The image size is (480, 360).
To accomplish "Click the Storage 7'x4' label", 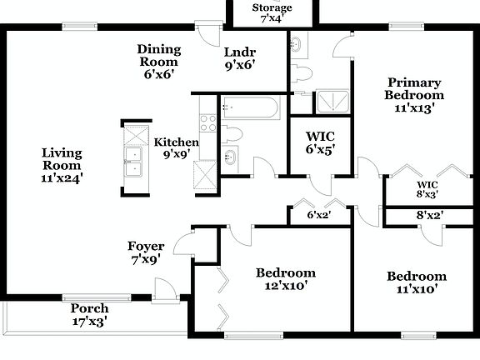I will pyautogui.click(x=272, y=13).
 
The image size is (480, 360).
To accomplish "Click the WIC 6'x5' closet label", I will pyautogui.click(x=319, y=142).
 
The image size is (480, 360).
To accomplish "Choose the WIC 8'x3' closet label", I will pyautogui.click(x=427, y=189).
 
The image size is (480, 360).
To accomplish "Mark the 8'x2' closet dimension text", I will pyautogui.click(x=429, y=215).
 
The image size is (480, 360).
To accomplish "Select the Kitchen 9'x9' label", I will pyautogui.click(x=176, y=147).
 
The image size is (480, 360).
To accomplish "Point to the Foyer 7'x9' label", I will pyautogui.click(x=146, y=252).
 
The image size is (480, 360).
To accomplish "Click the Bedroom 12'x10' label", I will pyautogui.click(x=285, y=278).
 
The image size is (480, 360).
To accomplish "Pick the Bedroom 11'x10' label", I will pyautogui.click(x=416, y=282).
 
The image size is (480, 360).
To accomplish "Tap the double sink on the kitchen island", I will pyautogui.click(x=133, y=158).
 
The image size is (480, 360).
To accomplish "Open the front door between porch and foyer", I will pyautogui.click(x=165, y=292).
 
